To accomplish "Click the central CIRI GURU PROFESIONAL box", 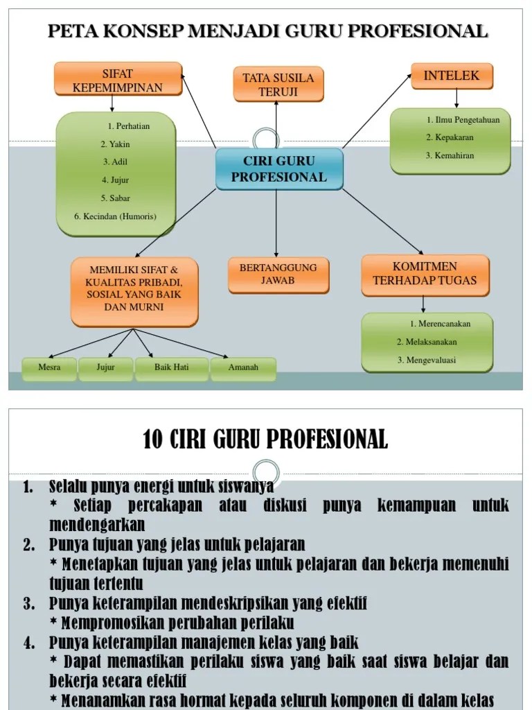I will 279,168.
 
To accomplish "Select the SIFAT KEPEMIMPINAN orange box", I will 118,80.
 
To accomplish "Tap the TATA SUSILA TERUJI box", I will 278,84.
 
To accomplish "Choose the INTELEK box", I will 452,76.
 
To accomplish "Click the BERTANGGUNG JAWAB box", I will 278,274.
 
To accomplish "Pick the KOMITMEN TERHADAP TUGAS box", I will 425,274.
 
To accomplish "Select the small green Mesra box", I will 49,367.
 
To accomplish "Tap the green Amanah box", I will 243,367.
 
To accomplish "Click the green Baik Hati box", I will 171,367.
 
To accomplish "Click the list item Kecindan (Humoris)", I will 116,216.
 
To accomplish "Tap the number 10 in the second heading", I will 152,440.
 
